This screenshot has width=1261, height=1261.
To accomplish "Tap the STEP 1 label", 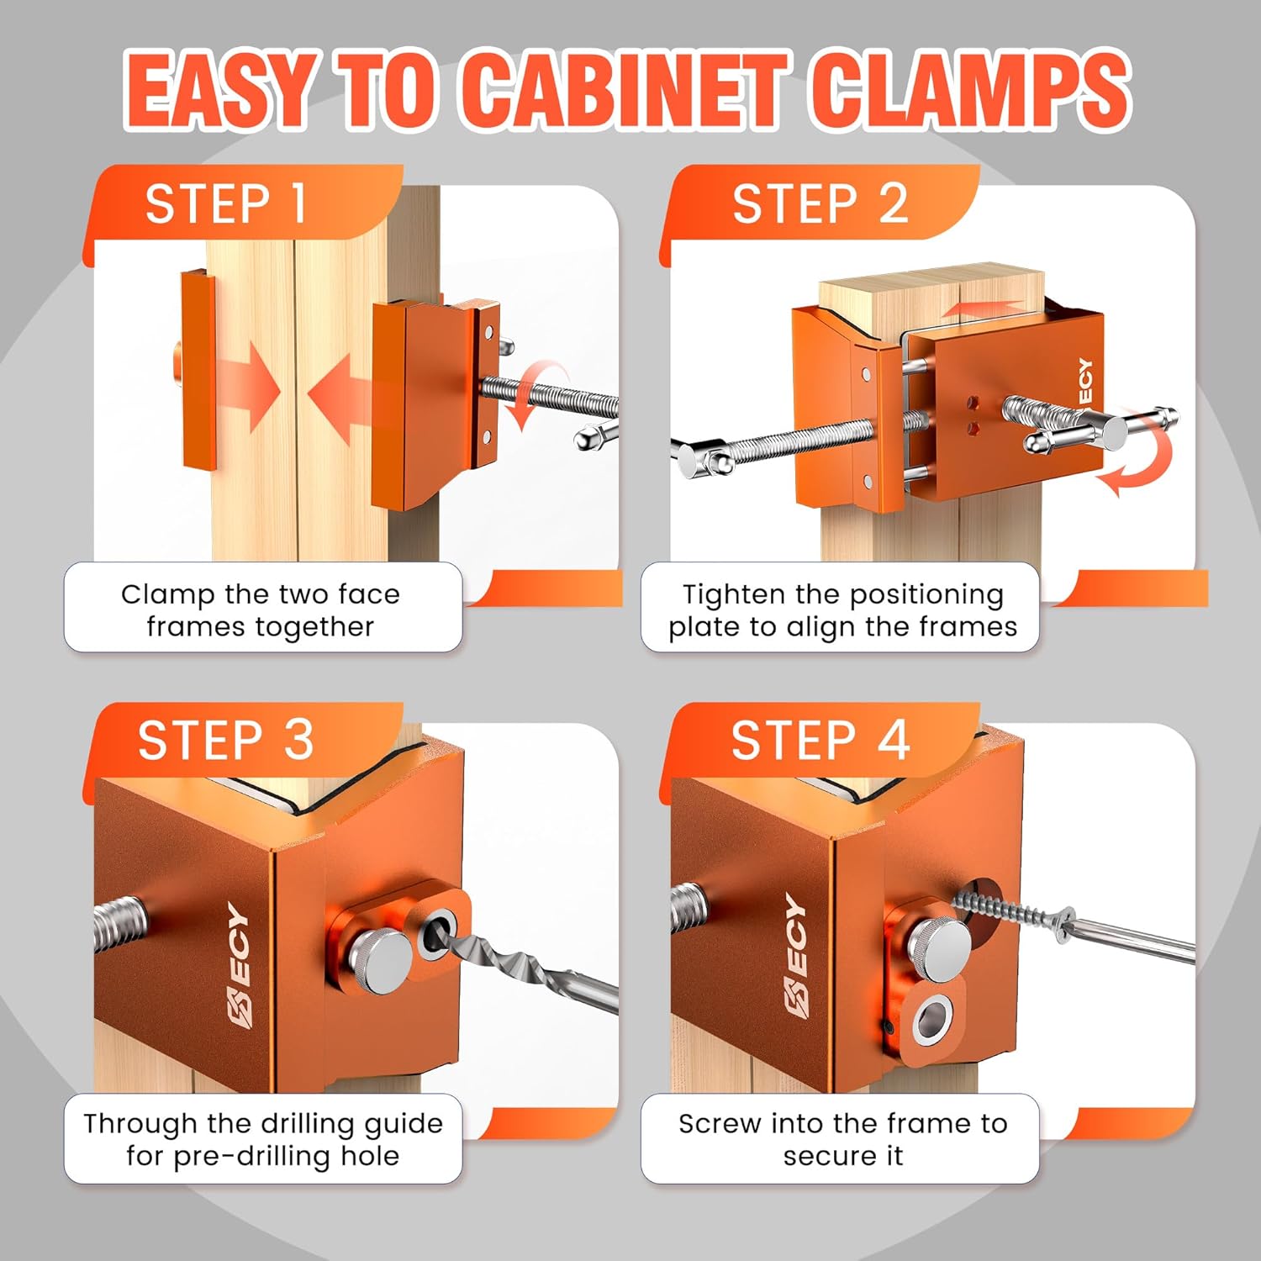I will click(225, 204).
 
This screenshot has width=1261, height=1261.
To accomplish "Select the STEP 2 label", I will click(820, 204).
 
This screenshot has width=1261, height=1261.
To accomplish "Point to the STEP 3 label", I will click(225, 740).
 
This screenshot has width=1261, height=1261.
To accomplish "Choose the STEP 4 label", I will click(820, 740).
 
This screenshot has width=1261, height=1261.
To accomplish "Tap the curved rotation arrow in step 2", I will click(1137, 467).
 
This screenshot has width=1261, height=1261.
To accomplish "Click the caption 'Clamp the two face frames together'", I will click(261, 610).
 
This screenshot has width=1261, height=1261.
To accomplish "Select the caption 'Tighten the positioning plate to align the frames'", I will click(842, 610).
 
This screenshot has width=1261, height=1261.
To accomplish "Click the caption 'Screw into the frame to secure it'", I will click(842, 1139).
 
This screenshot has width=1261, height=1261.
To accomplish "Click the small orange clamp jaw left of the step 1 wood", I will click(198, 370).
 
